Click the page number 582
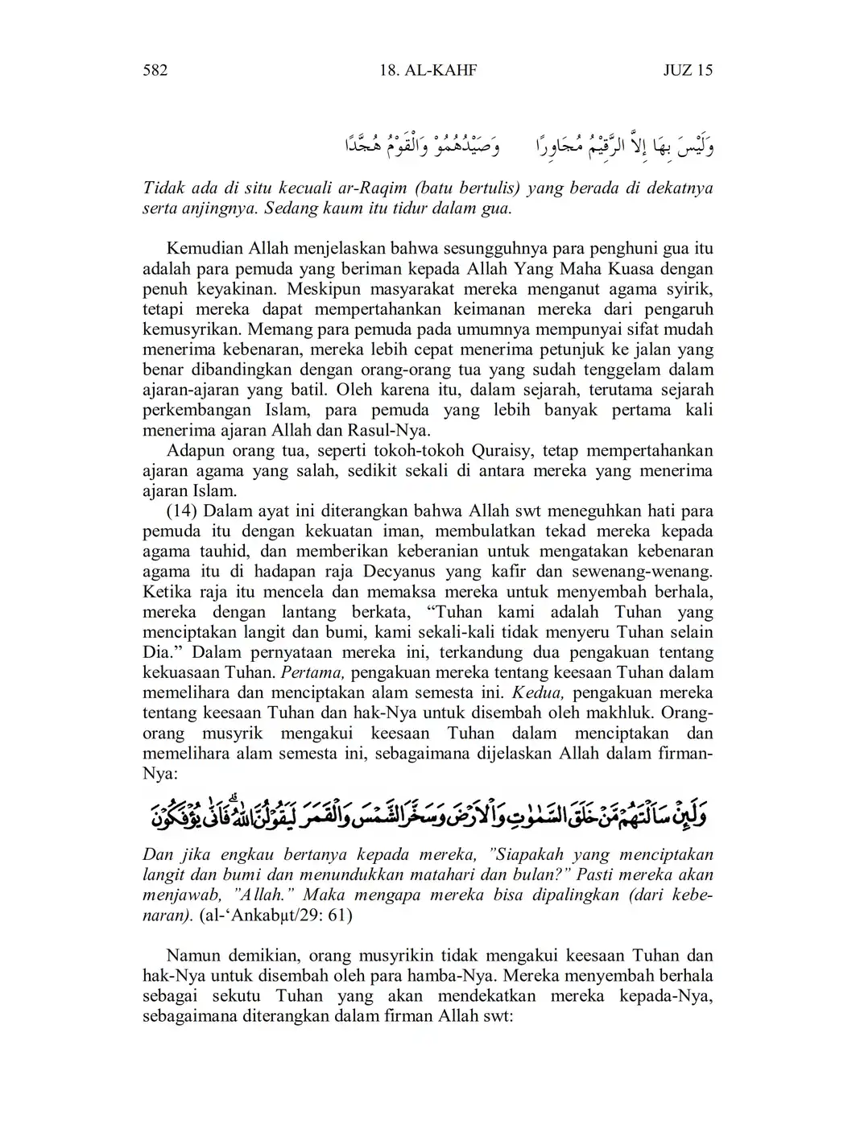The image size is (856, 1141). click(x=155, y=71)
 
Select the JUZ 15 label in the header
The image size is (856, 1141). click(x=687, y=71)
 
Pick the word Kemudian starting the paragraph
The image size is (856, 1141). click(x=203, y=249)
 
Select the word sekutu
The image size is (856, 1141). click(x=233, y=997)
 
